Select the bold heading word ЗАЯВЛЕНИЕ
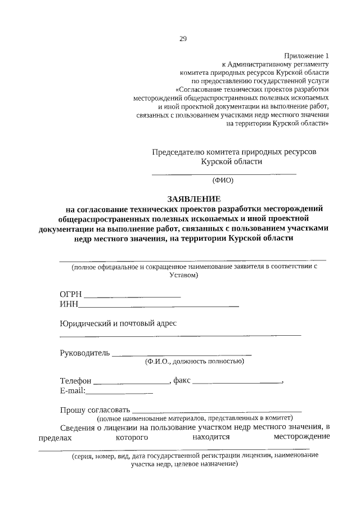tap(195, 199)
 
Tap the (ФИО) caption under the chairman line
tap(222, 181)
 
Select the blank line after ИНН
tap(159, 305)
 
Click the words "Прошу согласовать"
tap(95, 409)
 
